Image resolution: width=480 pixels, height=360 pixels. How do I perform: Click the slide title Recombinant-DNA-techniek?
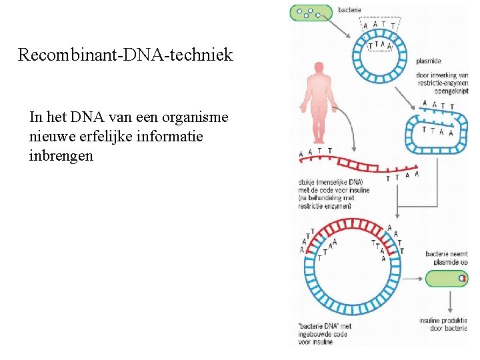click(125, 55)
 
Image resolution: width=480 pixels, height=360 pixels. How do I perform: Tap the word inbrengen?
click(61, 156)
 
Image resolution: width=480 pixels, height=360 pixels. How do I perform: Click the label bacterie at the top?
click(350, 9)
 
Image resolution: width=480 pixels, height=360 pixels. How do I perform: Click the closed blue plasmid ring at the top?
click(381, 64)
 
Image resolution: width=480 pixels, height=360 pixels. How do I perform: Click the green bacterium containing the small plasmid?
click(447, 278)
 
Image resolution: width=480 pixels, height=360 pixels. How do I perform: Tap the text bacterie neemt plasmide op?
click(447, 257)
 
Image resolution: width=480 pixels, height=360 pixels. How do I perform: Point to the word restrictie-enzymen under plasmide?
click(443, 83)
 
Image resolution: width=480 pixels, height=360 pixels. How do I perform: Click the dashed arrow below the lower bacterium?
click(449, 301)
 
